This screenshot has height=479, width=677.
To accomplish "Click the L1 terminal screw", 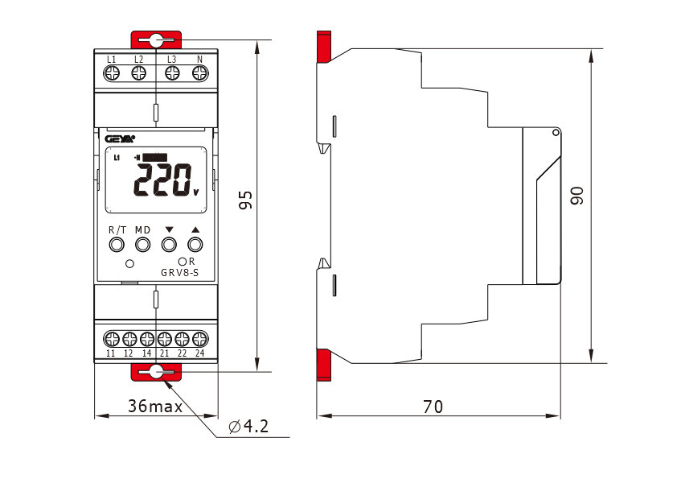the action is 112,73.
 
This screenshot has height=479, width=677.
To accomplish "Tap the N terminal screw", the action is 200,73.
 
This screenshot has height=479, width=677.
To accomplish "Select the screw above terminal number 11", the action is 112,339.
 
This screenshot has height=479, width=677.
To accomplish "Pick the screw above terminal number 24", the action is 200,339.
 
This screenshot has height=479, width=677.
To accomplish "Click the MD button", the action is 142,245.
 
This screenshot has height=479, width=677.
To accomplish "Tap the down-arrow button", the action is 169,245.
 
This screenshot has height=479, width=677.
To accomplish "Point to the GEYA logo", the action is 120,138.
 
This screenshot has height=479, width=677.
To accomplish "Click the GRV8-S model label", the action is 179,273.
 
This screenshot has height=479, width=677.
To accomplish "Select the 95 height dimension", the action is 246,200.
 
